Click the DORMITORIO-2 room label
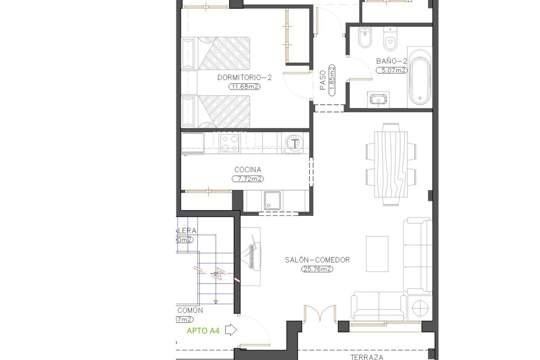[x=244, y=78]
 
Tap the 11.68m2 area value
[x=244, y=87]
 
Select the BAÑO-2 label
[x=391, y=61]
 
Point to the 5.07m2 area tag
[x=391, y=70]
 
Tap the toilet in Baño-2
[x=390, y=39]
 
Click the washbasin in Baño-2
[x=378, y=100]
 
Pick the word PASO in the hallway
[x=323, y=80]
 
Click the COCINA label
[x=248, y=170]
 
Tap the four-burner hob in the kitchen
[x=230, y=143]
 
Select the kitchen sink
[x=272, y=201]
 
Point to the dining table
[x=391, y=165]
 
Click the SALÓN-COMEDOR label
[x=317, y=260]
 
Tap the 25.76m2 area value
[x=317, y=269]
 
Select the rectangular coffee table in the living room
[x=377, y=254]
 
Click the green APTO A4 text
[x=203, y=331]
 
